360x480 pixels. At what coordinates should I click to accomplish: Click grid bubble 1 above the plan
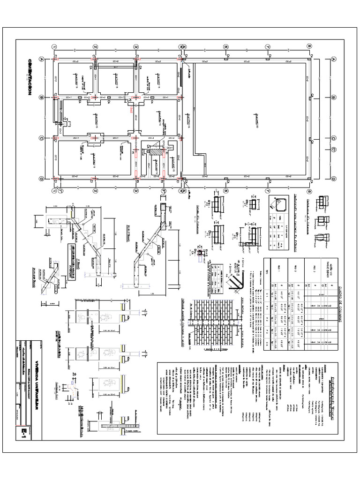(x=55, y=47)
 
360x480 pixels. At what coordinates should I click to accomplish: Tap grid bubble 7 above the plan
(x=268, y=47)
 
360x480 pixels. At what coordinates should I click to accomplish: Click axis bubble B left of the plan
(x=41, y=97)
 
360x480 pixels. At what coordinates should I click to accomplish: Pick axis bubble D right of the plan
(x=333, y=178)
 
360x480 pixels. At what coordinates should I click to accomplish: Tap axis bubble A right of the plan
(x=333, y=60)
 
